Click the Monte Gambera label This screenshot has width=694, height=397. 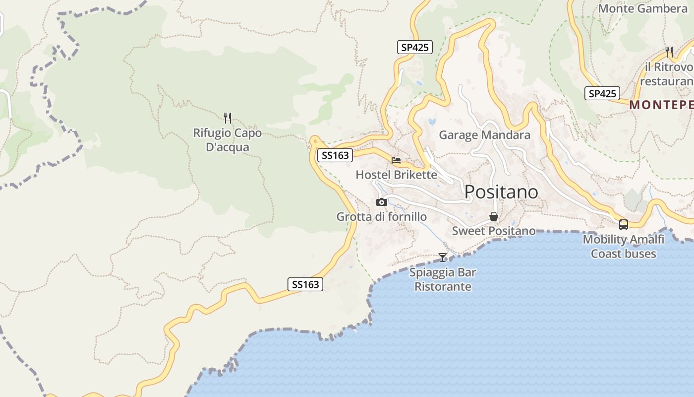point(642,8)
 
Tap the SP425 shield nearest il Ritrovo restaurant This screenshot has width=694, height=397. point(602,93)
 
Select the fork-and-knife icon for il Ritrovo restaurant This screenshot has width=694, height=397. point(669,51)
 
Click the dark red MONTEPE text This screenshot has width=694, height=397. point(661,105)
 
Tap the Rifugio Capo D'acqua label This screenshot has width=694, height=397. point(227,140)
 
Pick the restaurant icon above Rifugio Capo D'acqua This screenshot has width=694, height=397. point(228,118)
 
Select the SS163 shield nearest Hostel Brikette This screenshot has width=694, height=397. point(335,155)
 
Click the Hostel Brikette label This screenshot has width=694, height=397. point(397,175)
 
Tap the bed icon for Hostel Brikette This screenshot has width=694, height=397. point(396,160)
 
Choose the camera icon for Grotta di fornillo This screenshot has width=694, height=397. point(381,202)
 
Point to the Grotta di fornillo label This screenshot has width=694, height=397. point(381,216)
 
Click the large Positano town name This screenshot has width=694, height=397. point(501,192)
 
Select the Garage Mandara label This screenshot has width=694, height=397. point(484,135)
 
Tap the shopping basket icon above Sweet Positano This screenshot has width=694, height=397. point(494,216)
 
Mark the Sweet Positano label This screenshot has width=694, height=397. point(494,231)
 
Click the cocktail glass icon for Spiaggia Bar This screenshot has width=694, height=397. point(443,257)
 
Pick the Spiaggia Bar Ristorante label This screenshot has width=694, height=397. point(443,279)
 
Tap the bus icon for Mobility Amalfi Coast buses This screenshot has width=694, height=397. point(624,224)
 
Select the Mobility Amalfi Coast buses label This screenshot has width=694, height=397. point(623,247)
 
